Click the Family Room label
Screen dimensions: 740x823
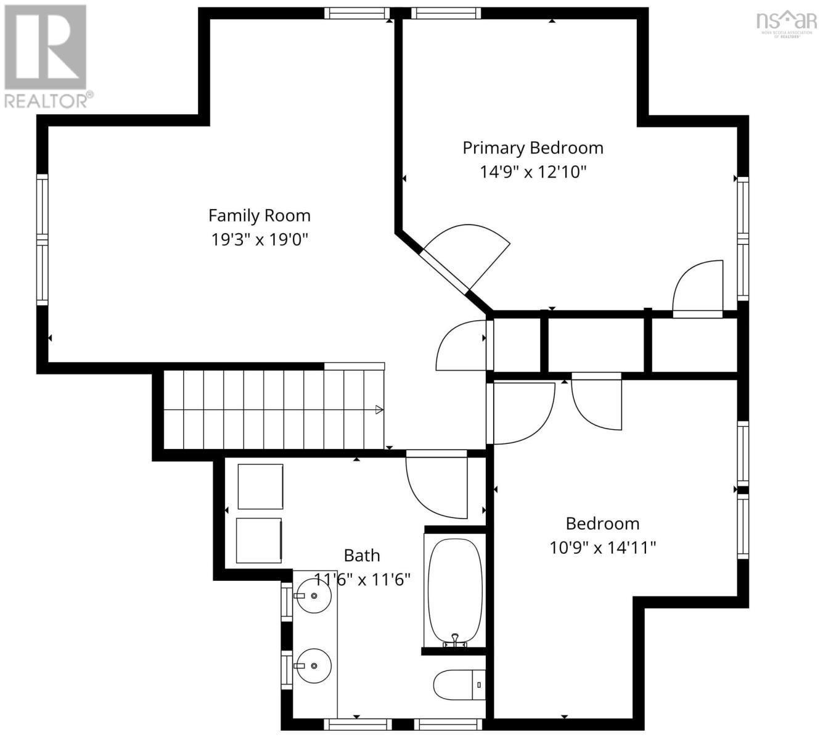tap(259, 215)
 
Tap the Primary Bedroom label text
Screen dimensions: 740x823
tap(533, 148)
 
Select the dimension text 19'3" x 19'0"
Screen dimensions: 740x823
tap(259, 239)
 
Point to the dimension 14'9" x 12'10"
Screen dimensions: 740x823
tap(533, 171)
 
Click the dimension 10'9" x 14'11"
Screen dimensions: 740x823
tap(602, 547)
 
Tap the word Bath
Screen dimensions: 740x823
tap(362, 556)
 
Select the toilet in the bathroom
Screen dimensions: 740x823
tap(459, 684)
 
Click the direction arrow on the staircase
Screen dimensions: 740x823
tap(379, 409)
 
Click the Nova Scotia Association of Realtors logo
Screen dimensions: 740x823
tap(786, 23)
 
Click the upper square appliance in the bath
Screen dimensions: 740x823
tap(260, 487)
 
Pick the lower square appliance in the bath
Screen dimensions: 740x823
tap(260, 540)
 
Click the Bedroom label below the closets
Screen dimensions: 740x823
tap(602, 524)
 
